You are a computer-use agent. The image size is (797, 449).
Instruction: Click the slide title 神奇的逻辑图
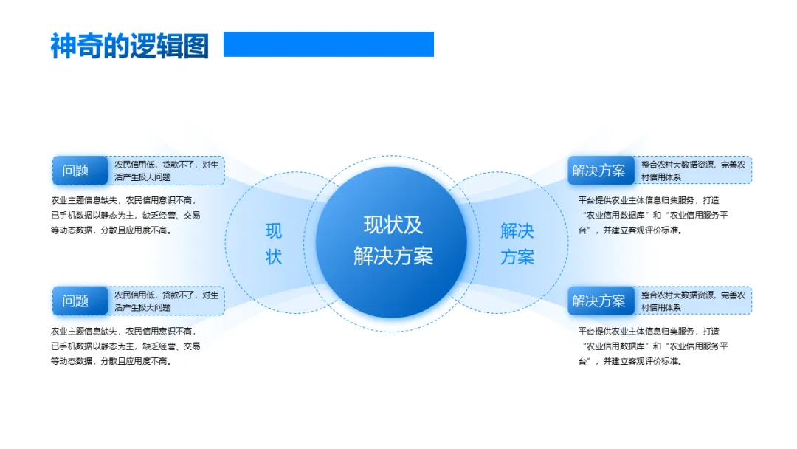[129, 46]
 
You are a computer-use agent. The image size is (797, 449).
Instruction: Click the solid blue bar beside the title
[328, 44]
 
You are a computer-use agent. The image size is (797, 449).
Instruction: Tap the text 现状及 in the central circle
[393, 224]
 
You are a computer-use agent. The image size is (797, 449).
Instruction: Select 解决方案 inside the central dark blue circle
[393, 256]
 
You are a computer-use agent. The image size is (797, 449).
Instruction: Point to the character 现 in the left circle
[274, 231]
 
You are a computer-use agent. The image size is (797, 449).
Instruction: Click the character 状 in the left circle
[274, 257]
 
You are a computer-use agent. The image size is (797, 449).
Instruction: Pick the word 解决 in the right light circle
[517, 231]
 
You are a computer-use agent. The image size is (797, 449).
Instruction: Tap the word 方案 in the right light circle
[517, 257]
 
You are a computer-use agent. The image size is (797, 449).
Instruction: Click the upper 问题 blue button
[76, 171]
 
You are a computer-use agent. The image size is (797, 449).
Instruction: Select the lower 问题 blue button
[76, 301]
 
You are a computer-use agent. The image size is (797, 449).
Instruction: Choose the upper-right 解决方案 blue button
[598, 171]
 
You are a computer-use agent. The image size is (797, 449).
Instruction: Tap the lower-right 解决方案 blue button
[598, 301]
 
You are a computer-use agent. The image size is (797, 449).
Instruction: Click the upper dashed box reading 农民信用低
[167, 171]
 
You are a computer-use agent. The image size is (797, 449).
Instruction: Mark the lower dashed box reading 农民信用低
[167, 301]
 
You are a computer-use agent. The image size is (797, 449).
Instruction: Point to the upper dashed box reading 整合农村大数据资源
[693, 171]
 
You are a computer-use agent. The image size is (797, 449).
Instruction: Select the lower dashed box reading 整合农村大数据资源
[693, 301]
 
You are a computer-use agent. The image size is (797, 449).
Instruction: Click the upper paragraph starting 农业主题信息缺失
[125, 215]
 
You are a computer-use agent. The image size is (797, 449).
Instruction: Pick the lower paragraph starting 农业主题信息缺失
[125, 346]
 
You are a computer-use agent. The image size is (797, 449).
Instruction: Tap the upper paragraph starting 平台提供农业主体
[652, 215]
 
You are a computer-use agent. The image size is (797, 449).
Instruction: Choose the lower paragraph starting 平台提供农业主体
[652, 346]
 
